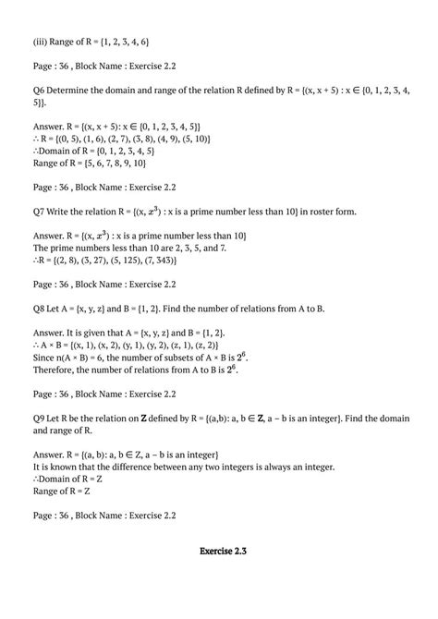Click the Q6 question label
[x=40, y=91]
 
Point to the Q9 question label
[x=40, y=418]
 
